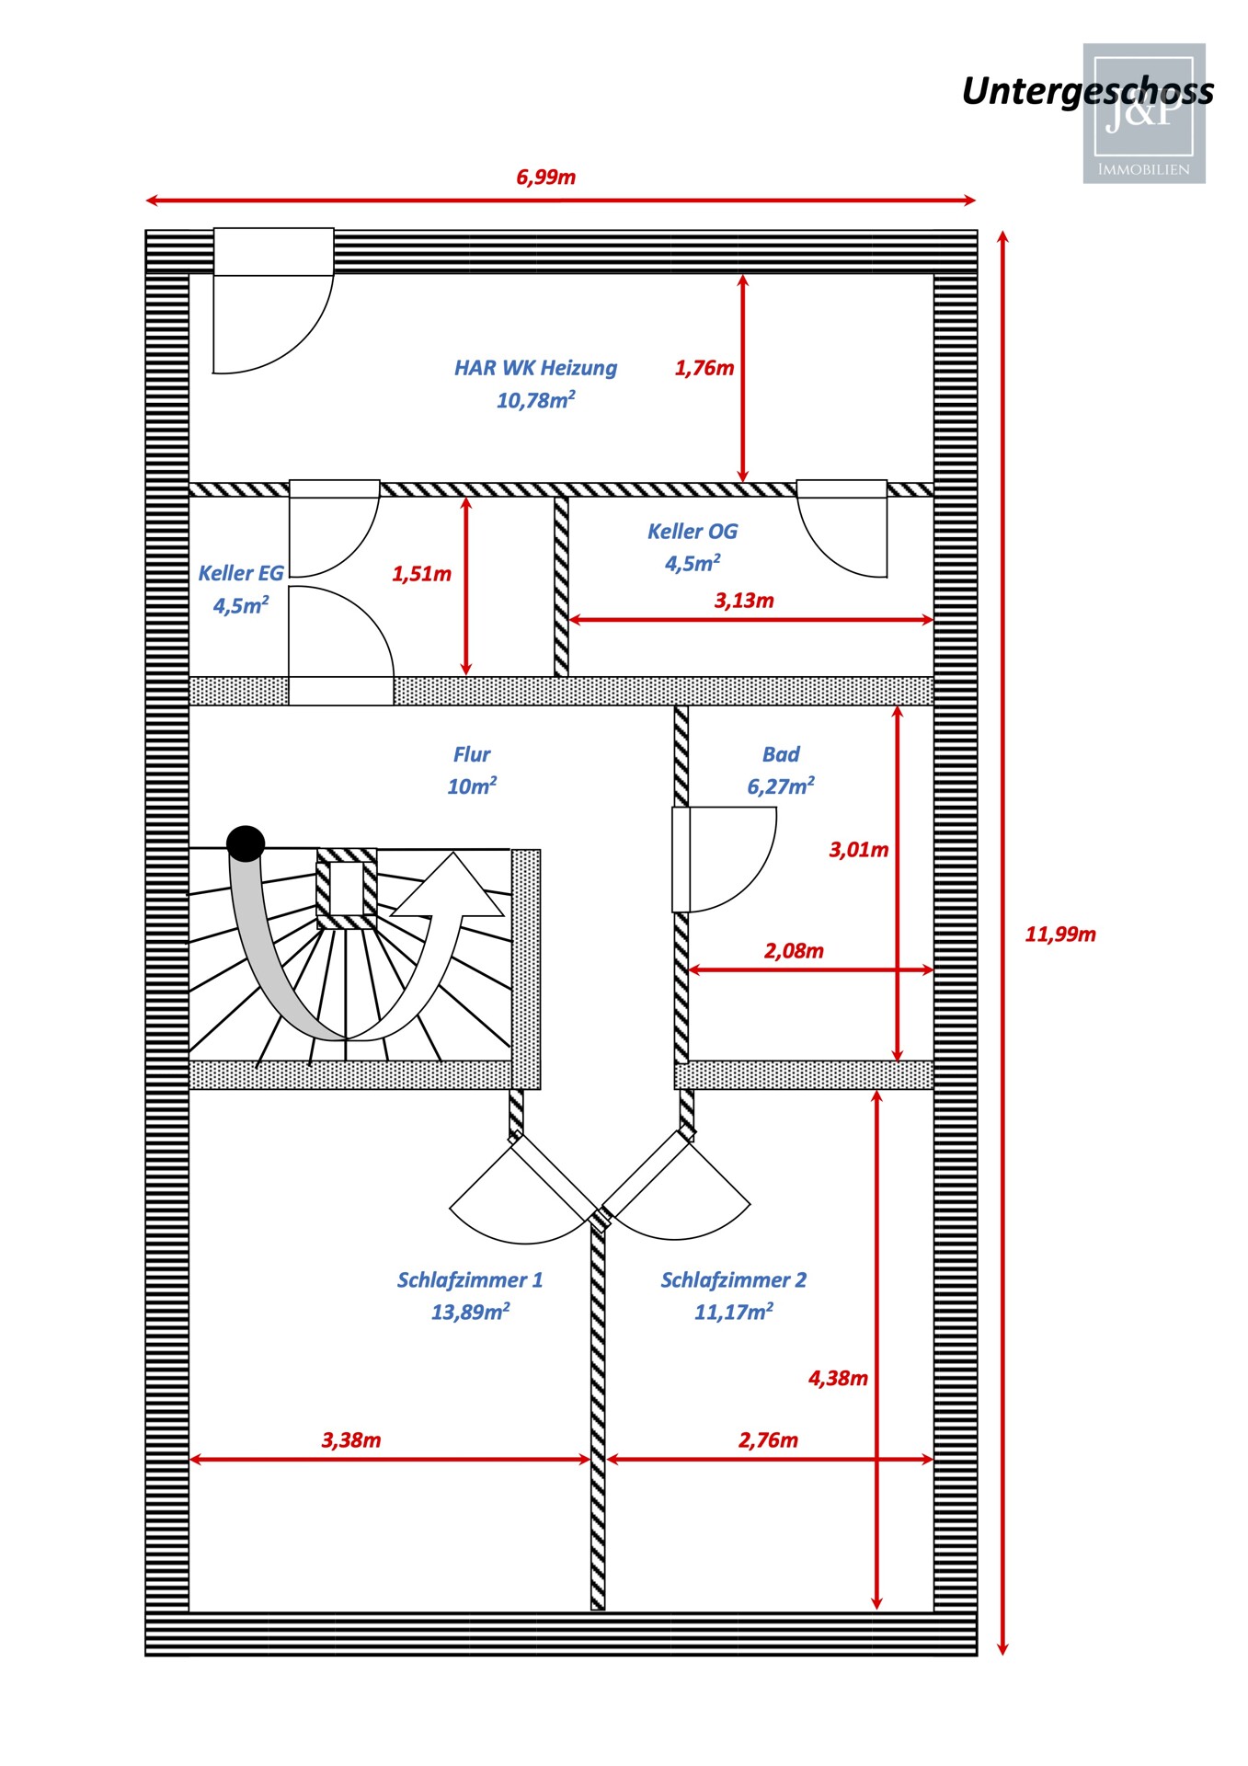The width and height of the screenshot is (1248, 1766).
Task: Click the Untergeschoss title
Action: click(1087, 91)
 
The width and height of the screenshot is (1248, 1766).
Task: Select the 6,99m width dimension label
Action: click(545, 177)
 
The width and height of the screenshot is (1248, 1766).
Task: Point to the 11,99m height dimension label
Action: click(1059, 934)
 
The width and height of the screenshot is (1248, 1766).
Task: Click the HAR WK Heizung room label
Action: click(535, 368)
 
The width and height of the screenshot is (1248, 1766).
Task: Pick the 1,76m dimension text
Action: click(704, 368)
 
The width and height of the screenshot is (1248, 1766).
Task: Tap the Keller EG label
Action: click(240, 573)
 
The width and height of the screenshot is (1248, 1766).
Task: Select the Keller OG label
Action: click(692, 532)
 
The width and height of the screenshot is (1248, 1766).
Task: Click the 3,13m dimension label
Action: click(743, 601)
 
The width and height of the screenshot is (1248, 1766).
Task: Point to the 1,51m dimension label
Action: click(421, 574)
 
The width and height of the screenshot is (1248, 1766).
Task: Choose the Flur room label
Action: click(472, 754)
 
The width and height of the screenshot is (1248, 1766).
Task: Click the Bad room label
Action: click(781, 754)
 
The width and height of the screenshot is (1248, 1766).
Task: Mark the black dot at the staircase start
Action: click(246, 843)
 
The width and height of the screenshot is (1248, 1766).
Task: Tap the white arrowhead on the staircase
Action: click(452, 887)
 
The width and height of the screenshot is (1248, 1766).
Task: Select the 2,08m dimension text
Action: click(793, 950)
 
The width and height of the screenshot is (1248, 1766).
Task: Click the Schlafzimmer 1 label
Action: click(469, 1279)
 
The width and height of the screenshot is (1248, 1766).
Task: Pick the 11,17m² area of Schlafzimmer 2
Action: click(733, 1312)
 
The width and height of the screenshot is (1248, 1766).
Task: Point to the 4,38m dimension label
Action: click(837, 1378)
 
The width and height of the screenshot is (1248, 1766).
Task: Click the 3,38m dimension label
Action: click(350, 1439)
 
